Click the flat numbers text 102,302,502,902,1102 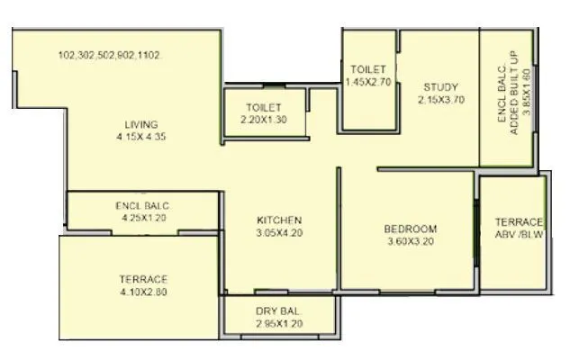click(109, 55)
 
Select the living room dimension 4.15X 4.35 click(141, 137)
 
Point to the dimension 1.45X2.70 click(369, 82)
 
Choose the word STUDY click(441, 87)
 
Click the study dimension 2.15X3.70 click(441, 100)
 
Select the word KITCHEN click(279, 220)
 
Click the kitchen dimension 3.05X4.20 click(279, 232)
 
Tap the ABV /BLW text click(520, 235)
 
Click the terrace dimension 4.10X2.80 click(143, 292)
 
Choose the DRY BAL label click(280, 310)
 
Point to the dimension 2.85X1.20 click(280, 322)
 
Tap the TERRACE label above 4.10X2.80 click(143, 279)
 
